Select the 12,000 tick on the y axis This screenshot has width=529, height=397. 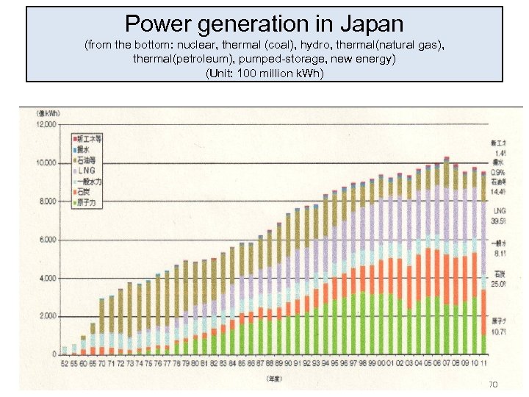[46, 125]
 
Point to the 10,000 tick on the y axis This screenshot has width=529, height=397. [46, 162]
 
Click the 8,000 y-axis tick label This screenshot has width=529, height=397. [48, 201]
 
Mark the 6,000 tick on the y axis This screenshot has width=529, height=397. [48, 240]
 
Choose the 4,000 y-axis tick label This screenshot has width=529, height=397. [48, 278]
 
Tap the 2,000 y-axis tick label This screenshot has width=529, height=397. [48, 316]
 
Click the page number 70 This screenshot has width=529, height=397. [493, 385]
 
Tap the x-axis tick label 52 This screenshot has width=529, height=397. [65, 363]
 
